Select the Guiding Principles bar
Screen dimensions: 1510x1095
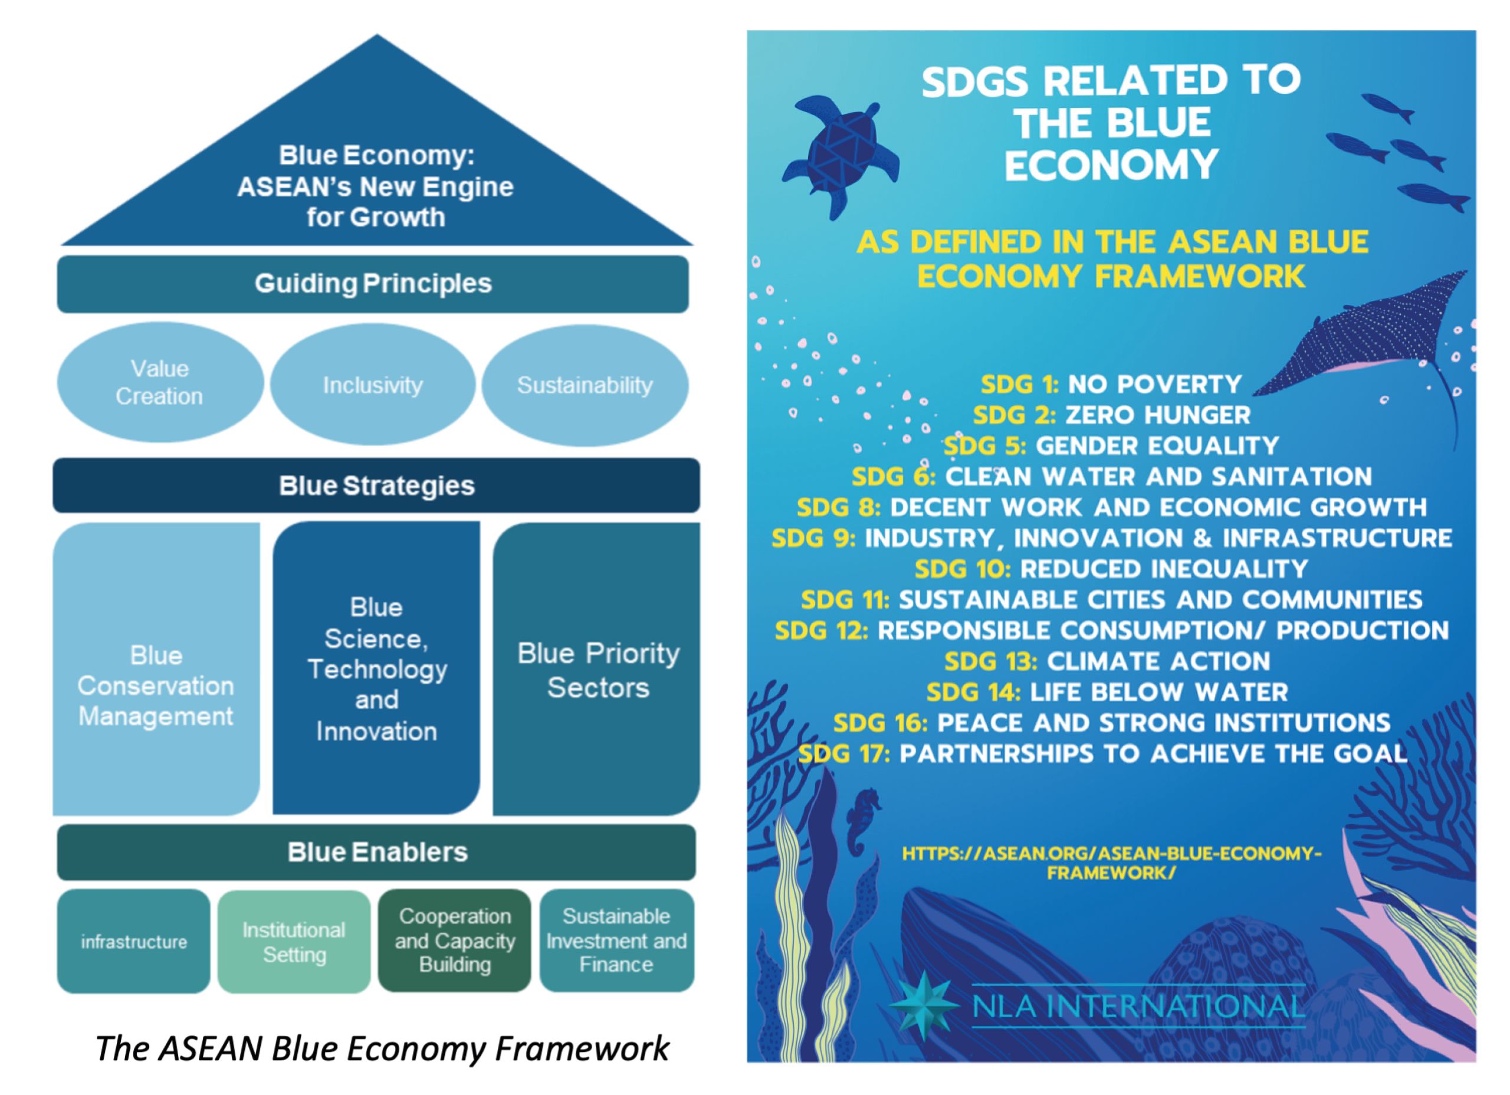pyautogui.click(x=373, y=284)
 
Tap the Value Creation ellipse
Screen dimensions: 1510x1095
pyautogui.click(x=160, y=382)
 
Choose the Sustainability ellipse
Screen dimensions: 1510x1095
pyautogui.click(x=585, y=385)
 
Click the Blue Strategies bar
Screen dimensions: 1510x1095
pyautogui.click(x=376, y=486)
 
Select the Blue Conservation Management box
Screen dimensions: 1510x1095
pyautogui.click(x=156, y=668)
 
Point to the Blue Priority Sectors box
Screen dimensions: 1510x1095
pyautogui.click(x=596, y=668)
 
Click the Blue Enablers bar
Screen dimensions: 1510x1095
pyautogui.click(x=377, y=852)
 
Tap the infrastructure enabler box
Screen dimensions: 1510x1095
pyautogui.click(x=134, y=941)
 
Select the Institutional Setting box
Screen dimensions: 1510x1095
pyautogui.click(x=294, y=941)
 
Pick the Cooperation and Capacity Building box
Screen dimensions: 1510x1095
pyautogui.click(x=455, y=940)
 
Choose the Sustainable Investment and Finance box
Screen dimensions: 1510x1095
pyautogui.click(x=616, y=940)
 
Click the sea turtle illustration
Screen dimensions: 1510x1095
pyautogui.click(x=840, y=155)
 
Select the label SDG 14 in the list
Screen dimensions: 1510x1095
pyautogui.click(x=973, y=692)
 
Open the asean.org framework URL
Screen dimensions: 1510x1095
pyautogui.click(x=1112, y=863)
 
